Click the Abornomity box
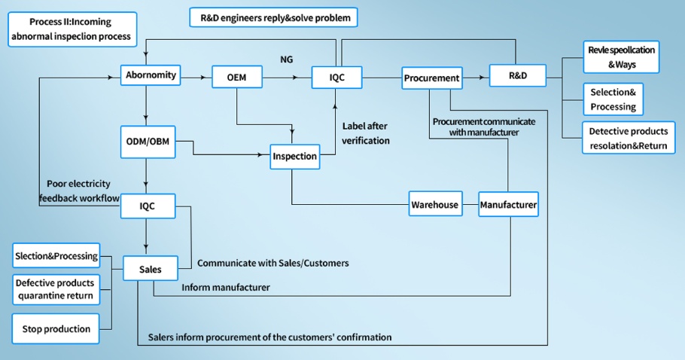point(151,75)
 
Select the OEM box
point(236,77)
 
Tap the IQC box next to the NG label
point(338,77)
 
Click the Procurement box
point(431,78)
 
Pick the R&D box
point(516,77)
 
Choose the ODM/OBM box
point(148,142)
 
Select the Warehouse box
point(434,205)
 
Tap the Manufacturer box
point(508,205)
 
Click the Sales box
point(151,269)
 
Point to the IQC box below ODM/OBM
point(148,206)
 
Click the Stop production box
point(56,328)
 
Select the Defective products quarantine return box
point(55,289)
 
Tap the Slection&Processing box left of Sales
point(56,256)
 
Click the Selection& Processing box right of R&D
point(613,99)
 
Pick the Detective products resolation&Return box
point(628,139)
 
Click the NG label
point(286,59)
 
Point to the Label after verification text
point(366,133)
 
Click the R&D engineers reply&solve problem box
point(273,17)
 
